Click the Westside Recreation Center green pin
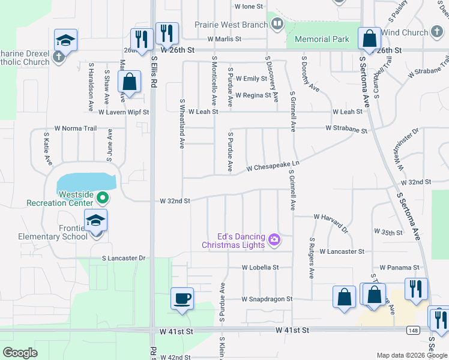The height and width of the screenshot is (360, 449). tap(103, 196)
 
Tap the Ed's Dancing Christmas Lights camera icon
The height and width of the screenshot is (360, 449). tap(275, 240)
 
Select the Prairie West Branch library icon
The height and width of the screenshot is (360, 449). tap(277, 25)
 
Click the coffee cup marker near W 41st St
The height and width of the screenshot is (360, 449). tap(182, 298)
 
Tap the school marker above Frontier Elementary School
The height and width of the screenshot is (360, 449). tap(95, 221)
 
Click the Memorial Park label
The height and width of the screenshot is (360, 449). tap(322, 40)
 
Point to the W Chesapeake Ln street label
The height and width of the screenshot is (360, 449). tap(273, 166)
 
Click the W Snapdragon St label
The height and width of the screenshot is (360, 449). tap(267, 299)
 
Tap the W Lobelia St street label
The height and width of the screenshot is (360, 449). tap(260, 268)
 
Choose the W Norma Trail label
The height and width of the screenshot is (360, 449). tap(75, 128)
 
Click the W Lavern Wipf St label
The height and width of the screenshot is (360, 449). tap(123, 112)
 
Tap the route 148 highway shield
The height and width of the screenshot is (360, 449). tap(413, 330)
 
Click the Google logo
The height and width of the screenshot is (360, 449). tap(20, 353)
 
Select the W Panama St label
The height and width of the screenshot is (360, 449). tap(399, 268)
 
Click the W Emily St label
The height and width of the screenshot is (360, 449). tap(252, 79)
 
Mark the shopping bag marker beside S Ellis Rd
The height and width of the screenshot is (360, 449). tap(130, 83)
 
